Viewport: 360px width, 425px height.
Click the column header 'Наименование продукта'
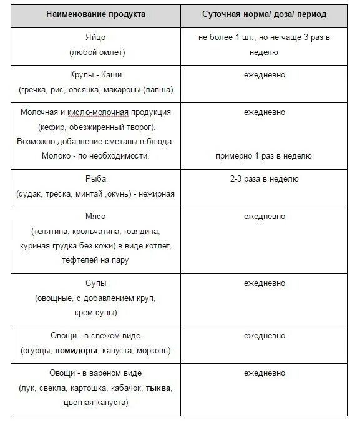(x=96, y=13)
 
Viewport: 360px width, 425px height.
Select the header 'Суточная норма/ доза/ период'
(x=264, y=13)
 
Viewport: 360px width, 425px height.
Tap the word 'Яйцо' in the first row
(x=96, y=37)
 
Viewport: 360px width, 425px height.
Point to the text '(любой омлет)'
(x=96, y=53)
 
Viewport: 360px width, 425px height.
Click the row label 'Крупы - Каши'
(x=96, y=75)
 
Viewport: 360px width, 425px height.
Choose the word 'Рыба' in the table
(x=96, y=179)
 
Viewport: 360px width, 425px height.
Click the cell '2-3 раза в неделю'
(x=264, y=179)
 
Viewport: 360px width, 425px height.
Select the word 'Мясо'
(x=96, y=216)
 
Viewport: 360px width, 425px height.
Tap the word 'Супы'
(x=96, y=282)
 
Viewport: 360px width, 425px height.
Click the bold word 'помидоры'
(x=77, y=350)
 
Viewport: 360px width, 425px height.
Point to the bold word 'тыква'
(x=158, y=388)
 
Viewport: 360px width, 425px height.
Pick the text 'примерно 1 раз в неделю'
(x=264, y=156)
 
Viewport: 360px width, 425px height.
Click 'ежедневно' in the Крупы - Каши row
(x=264, y=75)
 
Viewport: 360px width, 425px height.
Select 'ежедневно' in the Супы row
(x=264, y=282)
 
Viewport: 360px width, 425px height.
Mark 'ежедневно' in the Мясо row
(x=264, y=216)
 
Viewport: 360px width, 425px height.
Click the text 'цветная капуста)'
(x=96, y=403)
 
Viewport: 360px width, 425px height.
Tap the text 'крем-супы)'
(x=96, y=313)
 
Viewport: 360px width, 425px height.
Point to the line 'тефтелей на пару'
(x=96, y=260)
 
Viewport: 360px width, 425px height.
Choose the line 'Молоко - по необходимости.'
(x=96, y=156)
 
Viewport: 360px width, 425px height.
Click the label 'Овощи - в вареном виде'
(x=96, y=373)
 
